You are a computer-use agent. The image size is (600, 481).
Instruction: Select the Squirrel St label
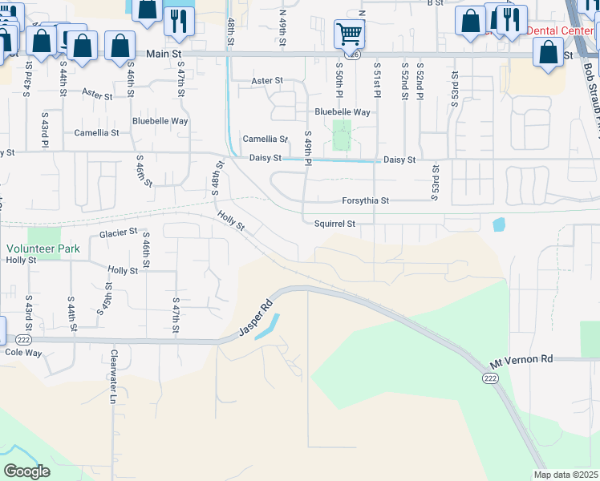334,224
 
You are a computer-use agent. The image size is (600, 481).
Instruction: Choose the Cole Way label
23,352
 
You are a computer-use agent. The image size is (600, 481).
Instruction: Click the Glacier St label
119,234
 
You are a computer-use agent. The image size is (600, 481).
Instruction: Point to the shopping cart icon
349,34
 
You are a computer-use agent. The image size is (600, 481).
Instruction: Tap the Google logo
26,471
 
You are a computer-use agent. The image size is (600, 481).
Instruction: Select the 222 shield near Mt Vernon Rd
489,378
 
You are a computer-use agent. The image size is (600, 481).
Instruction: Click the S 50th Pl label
339,77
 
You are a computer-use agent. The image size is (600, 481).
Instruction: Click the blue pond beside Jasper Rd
269,327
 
